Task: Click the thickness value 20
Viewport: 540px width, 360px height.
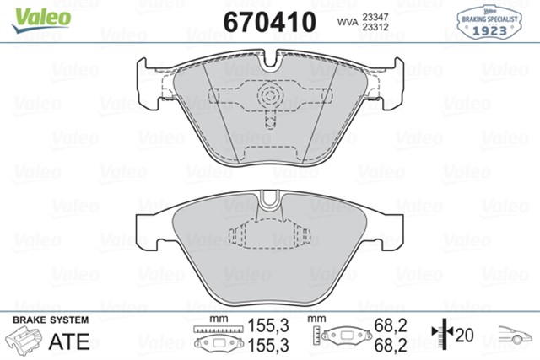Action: click(464, 335)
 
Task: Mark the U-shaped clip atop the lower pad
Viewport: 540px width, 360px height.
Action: click(270, 201)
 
